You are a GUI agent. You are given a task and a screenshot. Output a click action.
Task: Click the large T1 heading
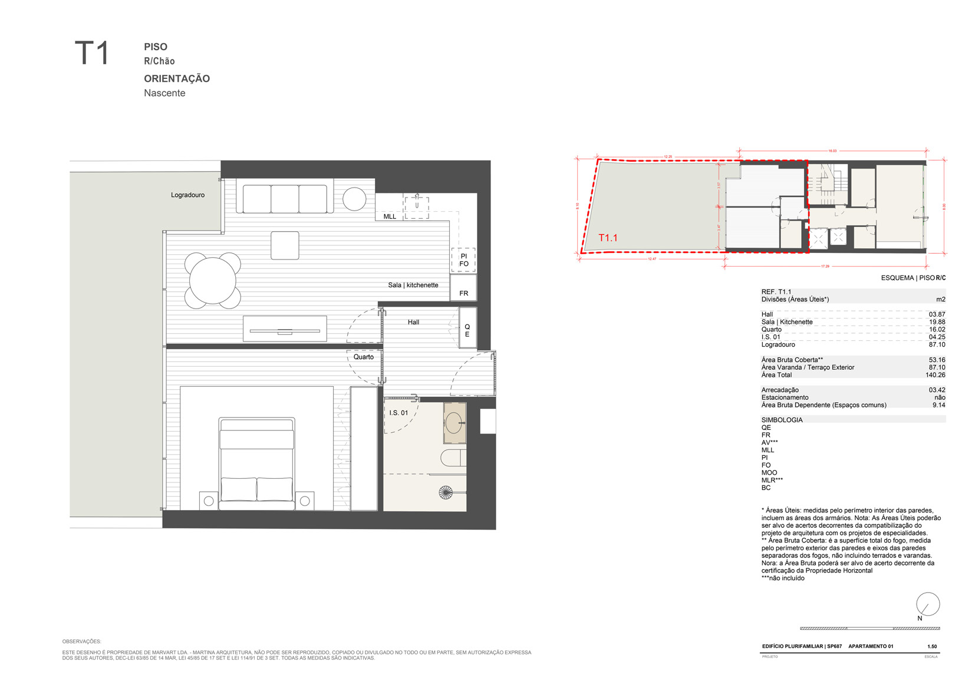[x=92, y=54]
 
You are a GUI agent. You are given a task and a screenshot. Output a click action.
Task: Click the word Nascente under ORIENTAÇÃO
[x=164, y=93]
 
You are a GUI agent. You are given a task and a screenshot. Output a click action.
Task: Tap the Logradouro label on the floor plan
[x=187, y=195]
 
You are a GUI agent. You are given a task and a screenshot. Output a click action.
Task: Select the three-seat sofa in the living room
[x=285, y=199]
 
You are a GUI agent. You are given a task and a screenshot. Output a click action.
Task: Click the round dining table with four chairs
[x=212, y=281]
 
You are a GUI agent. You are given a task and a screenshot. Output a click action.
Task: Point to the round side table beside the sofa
[x=354, y=199]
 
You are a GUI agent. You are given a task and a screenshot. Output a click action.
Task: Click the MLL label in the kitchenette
[x=390, y=216]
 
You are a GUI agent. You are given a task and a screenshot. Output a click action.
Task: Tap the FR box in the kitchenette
[x=464, y=293]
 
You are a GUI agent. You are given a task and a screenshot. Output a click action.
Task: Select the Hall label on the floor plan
[x=413, y=322]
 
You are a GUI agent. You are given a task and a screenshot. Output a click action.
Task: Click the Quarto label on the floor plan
[x=364, y=357]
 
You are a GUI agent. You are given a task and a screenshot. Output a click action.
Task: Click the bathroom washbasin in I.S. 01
[x=454, y=423]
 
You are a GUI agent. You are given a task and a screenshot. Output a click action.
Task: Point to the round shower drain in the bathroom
[x=446, y=492]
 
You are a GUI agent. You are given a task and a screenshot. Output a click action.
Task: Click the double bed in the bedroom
[x=256, y=464]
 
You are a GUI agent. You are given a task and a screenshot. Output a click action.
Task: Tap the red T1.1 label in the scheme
[x=608, y=238]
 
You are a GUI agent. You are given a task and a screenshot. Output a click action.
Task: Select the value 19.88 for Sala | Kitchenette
[x=937, y=322]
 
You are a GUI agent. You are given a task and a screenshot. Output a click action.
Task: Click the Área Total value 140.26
[x=935, y=375]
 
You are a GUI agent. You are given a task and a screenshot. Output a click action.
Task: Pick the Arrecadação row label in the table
[x=780, y=390]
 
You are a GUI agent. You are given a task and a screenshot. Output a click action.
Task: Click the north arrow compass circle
[x=927, y=604]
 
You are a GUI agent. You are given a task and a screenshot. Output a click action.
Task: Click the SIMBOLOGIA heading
[x=782, y=420]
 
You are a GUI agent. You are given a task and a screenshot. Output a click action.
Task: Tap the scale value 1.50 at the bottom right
[x=932, y=646]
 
